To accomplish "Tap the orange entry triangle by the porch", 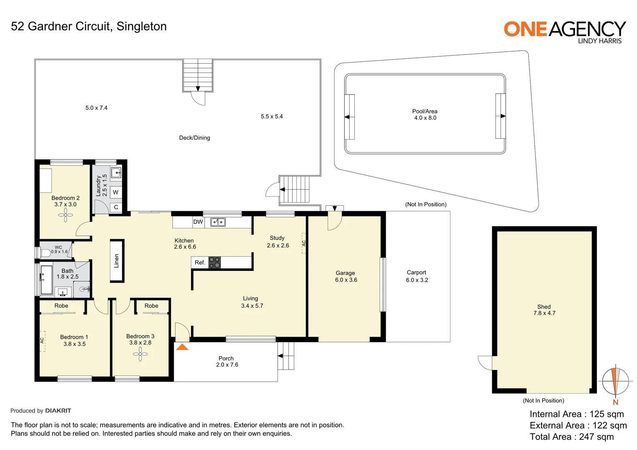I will (182, 347).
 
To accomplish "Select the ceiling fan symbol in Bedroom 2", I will (65, 215).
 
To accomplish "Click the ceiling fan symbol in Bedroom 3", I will (140, 355).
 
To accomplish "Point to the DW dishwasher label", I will (198, 222).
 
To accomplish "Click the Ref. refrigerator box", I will (200, 262).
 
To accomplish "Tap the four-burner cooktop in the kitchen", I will (214, 262).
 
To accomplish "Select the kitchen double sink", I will (218, 222).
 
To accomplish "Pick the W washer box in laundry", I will (115, 192).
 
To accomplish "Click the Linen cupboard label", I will (117, 261).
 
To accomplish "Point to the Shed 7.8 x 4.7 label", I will (544, 310).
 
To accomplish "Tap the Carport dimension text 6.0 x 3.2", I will (417, 280).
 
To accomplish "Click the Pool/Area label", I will (425, 111).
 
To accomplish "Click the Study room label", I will (277, 238).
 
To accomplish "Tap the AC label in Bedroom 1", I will (42, 340).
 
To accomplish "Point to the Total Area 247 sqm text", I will (572, 437).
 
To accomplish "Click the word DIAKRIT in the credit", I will (58, 411).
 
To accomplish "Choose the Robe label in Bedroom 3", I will (151, 306).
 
